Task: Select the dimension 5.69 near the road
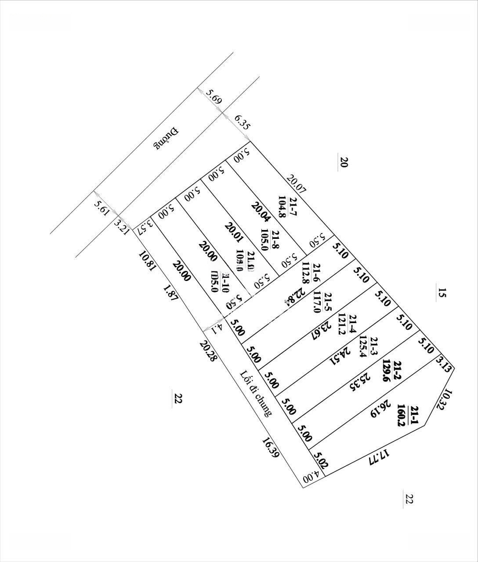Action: point(213,97)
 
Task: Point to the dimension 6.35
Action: point(243,122)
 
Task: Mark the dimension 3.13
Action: point(443,362)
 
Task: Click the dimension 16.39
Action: point(271,448)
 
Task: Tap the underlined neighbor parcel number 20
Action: point(343,162)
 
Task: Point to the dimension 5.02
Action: point(320,460)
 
